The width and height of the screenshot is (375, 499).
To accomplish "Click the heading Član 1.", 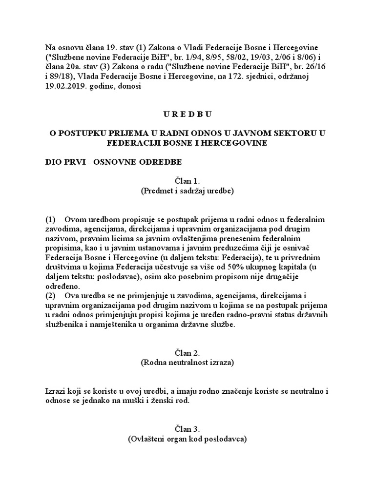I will tap(187, 181).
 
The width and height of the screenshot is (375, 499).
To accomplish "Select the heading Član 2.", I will tap(187, 352).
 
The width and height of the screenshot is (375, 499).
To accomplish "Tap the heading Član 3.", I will tap(187, 429).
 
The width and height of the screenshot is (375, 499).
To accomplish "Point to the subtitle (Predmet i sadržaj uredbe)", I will tap(187, 191).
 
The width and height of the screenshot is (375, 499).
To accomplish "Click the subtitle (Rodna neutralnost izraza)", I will tap(187, 363).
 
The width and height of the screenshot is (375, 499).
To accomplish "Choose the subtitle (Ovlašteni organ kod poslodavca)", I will tap(187, 439).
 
